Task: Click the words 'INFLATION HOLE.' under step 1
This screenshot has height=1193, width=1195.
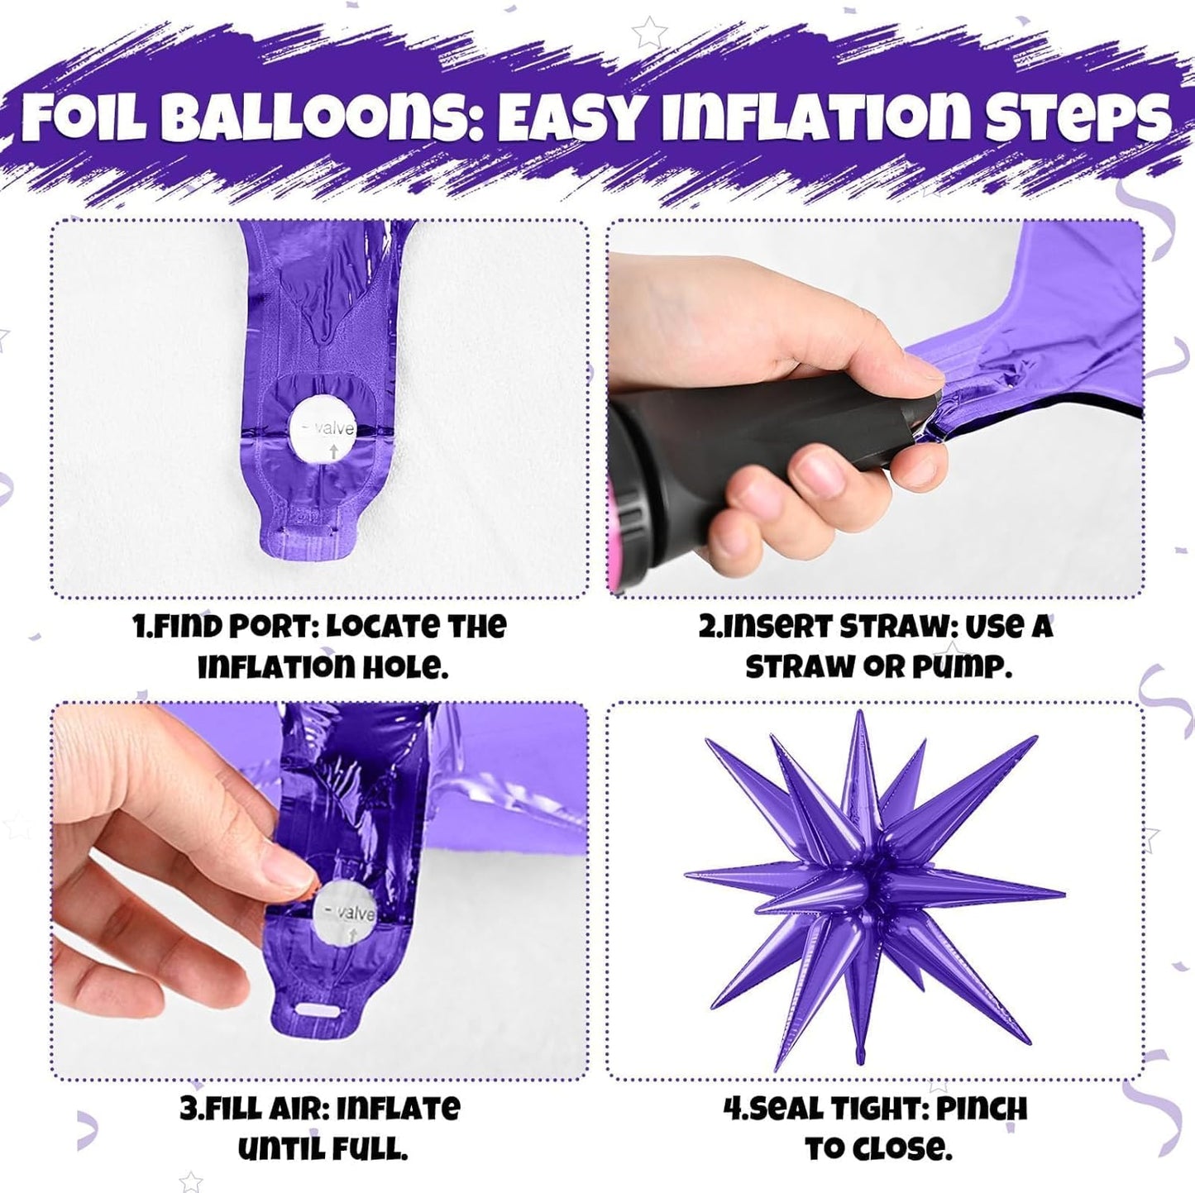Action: tap(323, 666)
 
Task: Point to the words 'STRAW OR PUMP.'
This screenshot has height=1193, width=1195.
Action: tap(878, 666)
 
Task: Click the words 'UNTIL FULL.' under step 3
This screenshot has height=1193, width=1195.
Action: tap(323, 1148)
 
